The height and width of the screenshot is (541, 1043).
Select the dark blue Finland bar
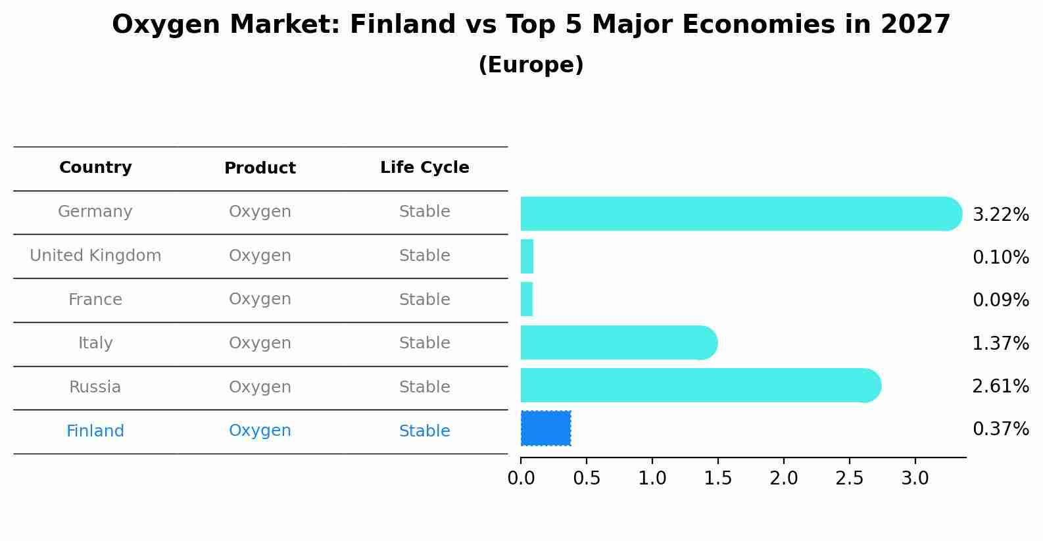pyautogui.click(x=546, y=428)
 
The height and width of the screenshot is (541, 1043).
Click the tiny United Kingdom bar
pyautogui.click(x=527, y=256)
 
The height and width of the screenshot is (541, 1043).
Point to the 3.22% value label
pyautogui.click(x=1000, y=215)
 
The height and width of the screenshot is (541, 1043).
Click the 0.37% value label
pyautogui.click(x=1000, y=429)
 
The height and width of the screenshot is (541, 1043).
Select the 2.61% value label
pyautogui.click(x=1000, y=387)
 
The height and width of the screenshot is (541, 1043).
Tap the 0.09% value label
pyautogui.click(x=1000, y=300)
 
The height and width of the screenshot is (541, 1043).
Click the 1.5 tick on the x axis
pyautogui.click(x=717, y=478)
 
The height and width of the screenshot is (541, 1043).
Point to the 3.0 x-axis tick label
pyautogui.click(x=915, y=478)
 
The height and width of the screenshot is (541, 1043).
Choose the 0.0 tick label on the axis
pyautogui.click(x=521, y=478)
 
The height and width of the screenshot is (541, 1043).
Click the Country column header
pyautogui.click(x=95, y=168)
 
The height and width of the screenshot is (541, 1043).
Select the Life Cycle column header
pyautogui.click(x=424, y=168)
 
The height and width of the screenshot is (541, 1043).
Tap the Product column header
pyautogui.click(x=260, y=168)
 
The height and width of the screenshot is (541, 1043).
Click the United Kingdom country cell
pyautogui.click(x=95, y=256)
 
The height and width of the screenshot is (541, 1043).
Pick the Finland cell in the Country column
pyautogui.click(x=95, y=431)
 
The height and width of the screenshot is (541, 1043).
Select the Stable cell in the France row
pyautogui.click(x=424, y=300)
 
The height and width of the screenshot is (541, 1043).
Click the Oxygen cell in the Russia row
pyautogui.click(x=260, y=387)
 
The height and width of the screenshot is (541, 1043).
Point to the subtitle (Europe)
pyautogui.click(x=531, y=65)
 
